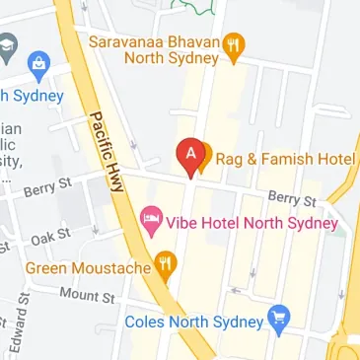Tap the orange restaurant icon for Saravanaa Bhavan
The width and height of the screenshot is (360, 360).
point(234,43)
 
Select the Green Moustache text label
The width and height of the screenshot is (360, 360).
point(87,266)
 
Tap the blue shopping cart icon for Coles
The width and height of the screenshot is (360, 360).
point(280,320)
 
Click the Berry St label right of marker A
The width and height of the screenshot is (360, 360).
point(292,200)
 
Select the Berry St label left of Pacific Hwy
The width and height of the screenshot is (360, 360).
point(49,185)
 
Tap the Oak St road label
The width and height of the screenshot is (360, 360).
point(51,237)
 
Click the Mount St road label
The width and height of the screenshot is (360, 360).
point(87,294)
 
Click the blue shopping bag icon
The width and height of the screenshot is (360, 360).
point(40,65)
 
